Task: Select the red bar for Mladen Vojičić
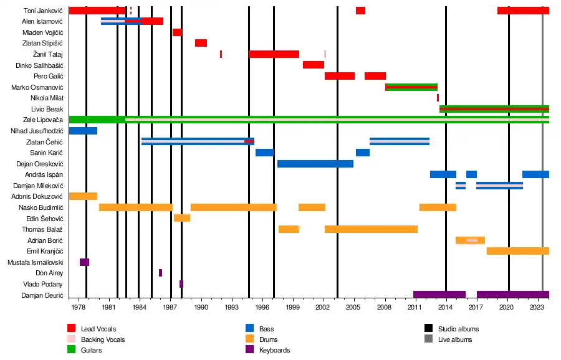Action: pos(177,32)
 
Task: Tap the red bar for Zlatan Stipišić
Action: pos(201,43)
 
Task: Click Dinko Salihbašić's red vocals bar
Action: pos(314,65)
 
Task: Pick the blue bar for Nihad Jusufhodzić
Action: pos(83,131)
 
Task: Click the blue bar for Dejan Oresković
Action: pos(315,164)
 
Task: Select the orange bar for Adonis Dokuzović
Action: pos(83,196)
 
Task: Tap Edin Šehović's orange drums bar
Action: pos(182,218)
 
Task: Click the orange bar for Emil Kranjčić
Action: pos(517,251)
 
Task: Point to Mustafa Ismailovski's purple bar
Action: pos(84,262)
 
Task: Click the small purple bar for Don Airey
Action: pos(160,273)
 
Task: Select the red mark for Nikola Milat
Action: pos(438,98)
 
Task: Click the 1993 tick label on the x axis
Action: pos(231,307)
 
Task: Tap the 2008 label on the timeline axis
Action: pos(385,307)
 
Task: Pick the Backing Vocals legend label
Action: pos(103,339)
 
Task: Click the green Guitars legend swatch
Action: pos(72,350)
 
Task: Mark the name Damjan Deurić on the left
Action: pos(42,295)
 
